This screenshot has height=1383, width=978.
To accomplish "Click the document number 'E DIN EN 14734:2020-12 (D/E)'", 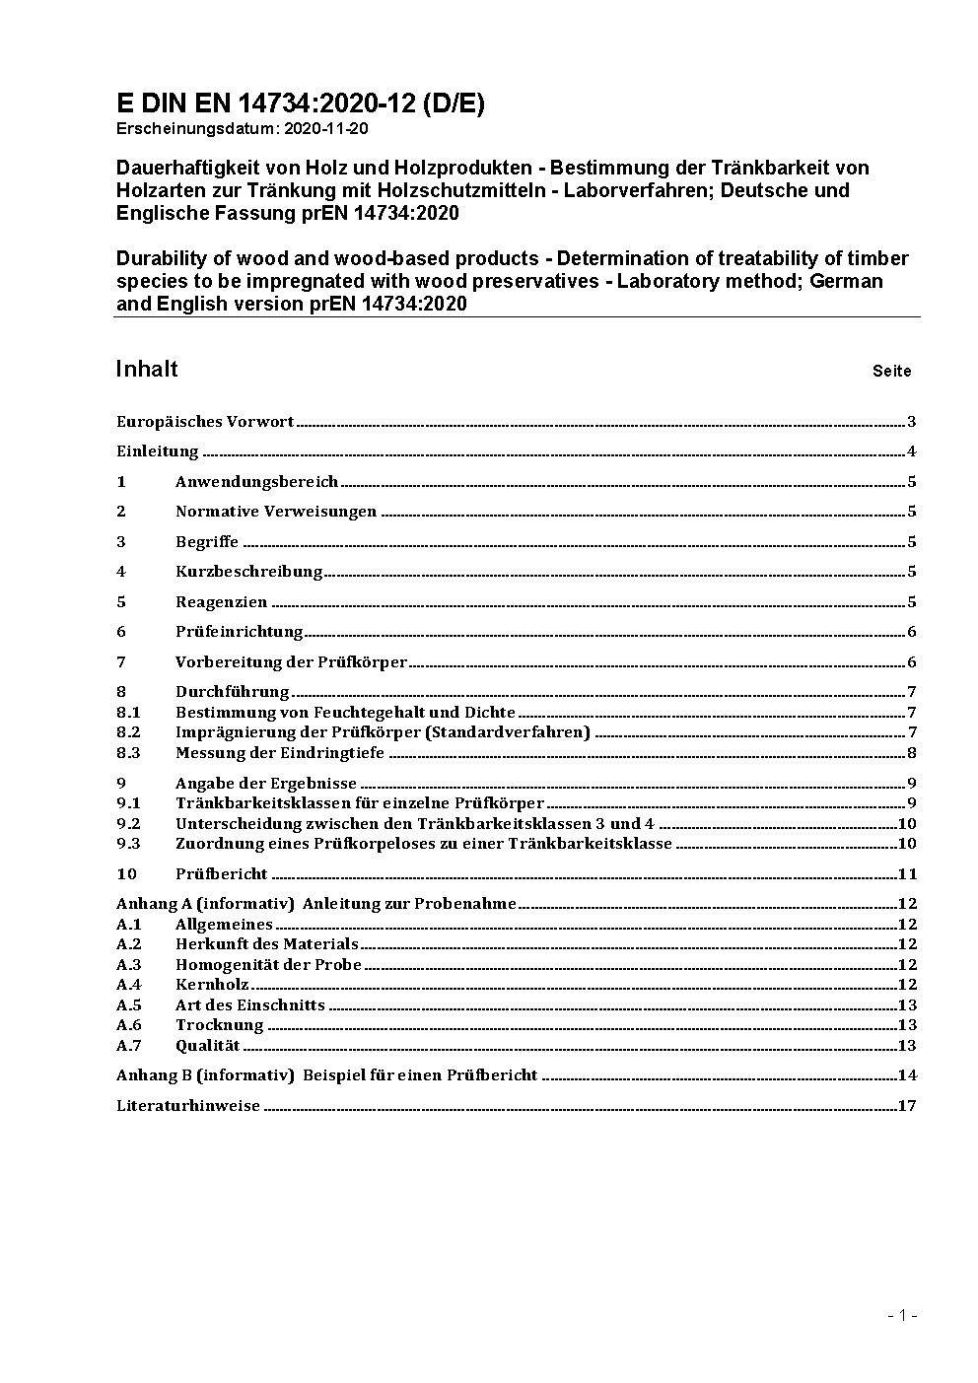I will click(x=300, y=104).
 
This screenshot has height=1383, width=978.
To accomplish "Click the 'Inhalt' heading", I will click(x=147, y=369).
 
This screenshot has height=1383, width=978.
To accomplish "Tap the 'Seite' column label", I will click(x=891, y=372).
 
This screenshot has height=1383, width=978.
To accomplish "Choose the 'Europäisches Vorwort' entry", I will click(x=205, y=422).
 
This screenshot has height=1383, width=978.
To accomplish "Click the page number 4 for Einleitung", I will click(x=912, y=452).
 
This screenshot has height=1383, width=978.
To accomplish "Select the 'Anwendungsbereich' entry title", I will click(x=256, y=482).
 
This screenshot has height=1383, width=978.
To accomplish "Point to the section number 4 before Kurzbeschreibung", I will click(x=121, y=572).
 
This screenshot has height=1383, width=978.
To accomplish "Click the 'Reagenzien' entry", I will click(x=221, y=602).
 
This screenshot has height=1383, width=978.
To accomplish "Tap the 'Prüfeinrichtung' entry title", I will click(x=239, y=632).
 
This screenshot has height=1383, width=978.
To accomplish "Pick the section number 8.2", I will click(x=128, y=732).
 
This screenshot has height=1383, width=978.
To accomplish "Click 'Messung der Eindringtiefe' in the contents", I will click(x=279, y=753).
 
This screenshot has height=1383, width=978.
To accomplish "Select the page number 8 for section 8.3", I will click(x=912, y=753).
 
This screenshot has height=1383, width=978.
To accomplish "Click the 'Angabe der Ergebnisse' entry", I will click(x=265, y=784).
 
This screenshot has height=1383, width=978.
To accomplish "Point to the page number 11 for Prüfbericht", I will click(x=907, y=874).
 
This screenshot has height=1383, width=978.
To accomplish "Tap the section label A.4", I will click(x=128, y=985).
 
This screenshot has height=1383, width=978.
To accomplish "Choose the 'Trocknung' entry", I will click(x=219, y=1025).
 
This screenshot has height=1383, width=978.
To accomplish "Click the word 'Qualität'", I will click(x=207, y=1046).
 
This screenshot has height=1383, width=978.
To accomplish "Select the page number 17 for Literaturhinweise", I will click(x=907, y=1106).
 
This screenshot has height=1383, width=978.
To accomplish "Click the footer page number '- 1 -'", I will click(x=902, y=1315).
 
